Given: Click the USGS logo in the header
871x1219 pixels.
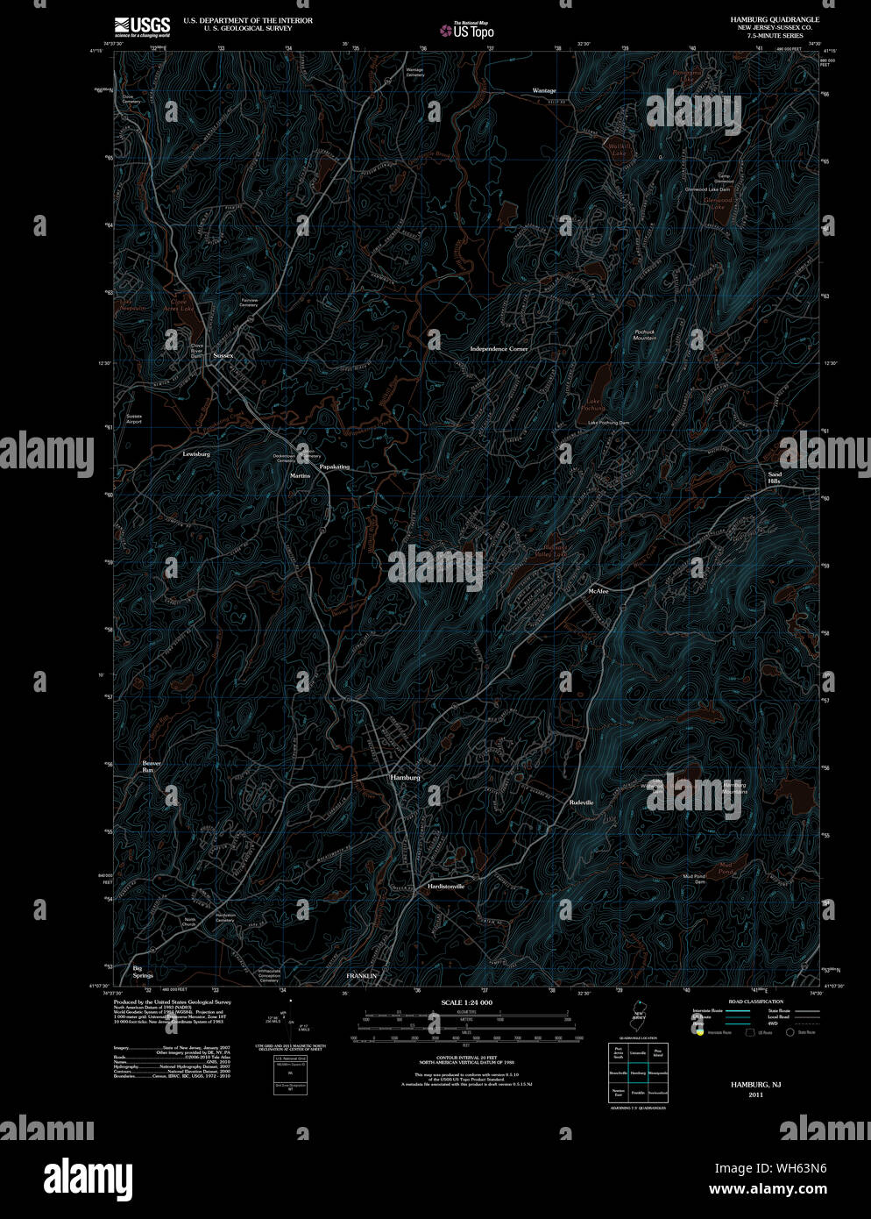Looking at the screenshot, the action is pos(142,25).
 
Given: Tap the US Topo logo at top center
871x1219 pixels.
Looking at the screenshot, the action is pos(467,30).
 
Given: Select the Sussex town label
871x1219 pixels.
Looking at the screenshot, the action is pos(223,355).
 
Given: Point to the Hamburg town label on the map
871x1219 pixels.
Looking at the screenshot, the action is pos(406,778).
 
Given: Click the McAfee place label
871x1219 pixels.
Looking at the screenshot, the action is pos(598,592).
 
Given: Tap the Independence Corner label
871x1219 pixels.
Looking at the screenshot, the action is pos(499,349).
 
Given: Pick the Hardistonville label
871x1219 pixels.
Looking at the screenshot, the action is pos(446,887).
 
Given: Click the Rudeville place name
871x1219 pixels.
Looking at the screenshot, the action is pos(581,802).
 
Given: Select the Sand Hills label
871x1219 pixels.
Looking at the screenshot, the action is pos(775,478).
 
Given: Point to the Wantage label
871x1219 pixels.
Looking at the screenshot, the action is pos(544,91).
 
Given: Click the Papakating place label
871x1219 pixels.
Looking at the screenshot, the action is pos(334,467).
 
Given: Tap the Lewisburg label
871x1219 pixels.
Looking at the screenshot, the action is pos(196,454).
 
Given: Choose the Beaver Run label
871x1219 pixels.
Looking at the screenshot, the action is pos(152,766).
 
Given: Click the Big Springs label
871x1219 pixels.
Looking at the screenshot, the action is pos(143,972).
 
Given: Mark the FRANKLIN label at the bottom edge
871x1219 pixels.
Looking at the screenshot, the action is pos(361,976).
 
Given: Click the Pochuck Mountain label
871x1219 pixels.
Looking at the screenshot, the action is pos(645,335).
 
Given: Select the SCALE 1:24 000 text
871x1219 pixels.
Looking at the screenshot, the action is pos(466,1002).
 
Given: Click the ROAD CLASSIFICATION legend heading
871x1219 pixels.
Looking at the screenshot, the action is pos(755,1002).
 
